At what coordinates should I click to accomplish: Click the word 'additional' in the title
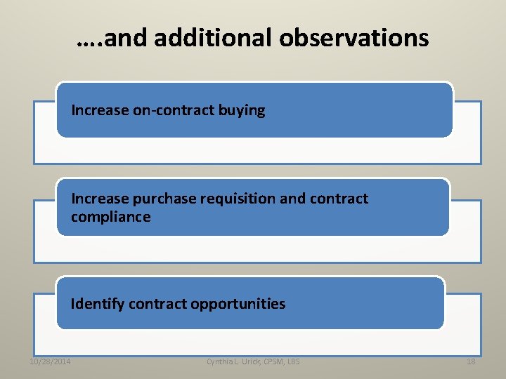pyautogui.click(x=213, y=38)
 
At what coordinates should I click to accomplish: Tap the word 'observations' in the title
pyautogui.click(x=353, y=38)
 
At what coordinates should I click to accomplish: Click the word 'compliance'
pyautogui.click(x=110, y=217)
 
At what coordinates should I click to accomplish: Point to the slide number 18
pyautogui.click(x=471, y=361)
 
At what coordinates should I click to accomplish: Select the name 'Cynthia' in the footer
pyautogui.click(x=222, y=361)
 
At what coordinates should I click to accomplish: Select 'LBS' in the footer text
pyautogui.click(x=293, y=361)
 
